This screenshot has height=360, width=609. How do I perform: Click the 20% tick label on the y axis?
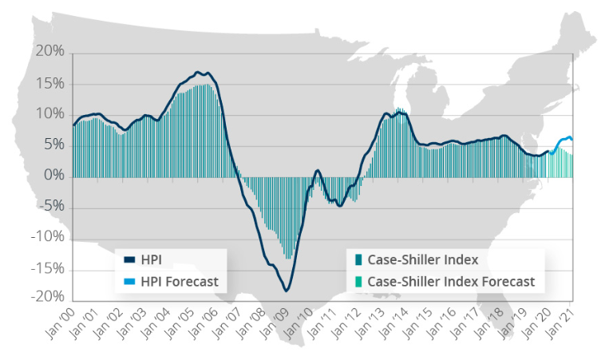tap(49, 53)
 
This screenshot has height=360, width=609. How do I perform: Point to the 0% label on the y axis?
tap(53, 176)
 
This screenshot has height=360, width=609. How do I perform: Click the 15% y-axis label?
tap(49, 84)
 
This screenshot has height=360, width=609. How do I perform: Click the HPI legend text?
tap(152, 259)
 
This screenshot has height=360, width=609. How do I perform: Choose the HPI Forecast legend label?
tap(180, 281)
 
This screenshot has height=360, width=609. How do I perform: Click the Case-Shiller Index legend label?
tap(423, 259)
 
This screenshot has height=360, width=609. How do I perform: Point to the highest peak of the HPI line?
tap(198, 73)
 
